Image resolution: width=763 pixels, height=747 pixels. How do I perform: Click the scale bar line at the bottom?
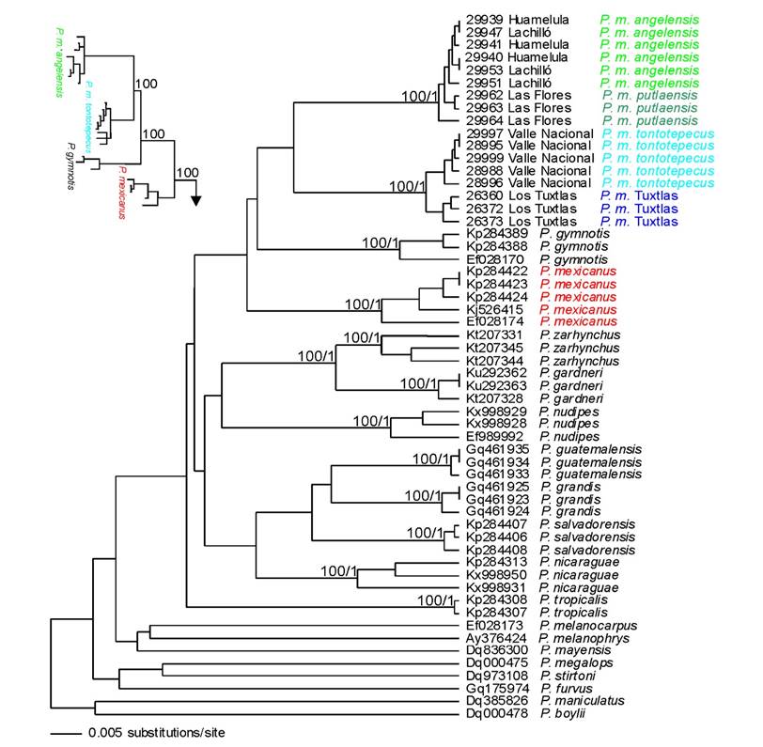pyautogui.click(x=66, y=732)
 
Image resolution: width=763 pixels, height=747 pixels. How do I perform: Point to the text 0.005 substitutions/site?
pyautogui.click(x=156, y=732)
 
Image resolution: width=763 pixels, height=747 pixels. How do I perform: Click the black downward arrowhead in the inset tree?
pyautogui.click(x=196, y=198)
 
